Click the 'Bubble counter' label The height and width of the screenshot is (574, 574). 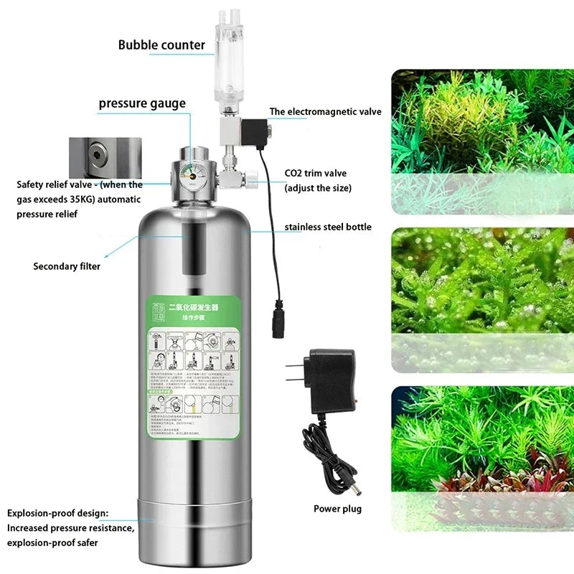point(161,45)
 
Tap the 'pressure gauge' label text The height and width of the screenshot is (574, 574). point(142,103)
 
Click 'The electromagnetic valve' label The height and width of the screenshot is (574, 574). point(325,112)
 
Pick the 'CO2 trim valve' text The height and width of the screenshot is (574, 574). point(316,174)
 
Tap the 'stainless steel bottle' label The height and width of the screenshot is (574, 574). point(328,227)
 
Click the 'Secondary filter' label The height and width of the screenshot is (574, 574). point(67,266)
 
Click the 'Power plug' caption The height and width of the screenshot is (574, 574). point(337,509)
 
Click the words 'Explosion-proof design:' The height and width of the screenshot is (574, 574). point(58,514)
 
